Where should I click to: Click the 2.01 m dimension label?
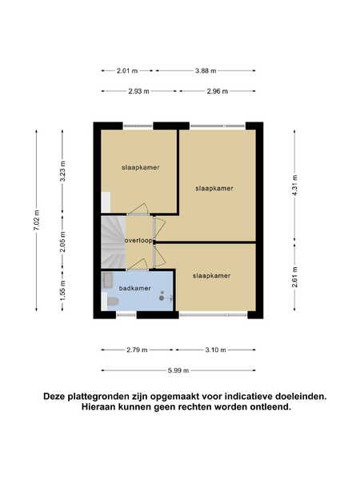(x=127, y=70)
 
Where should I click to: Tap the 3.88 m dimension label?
(x=206, y=70)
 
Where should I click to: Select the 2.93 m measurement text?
(x=138, y=91)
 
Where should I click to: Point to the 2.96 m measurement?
(x=218, y=91)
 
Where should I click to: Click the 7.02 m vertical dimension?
(x=37, y=221)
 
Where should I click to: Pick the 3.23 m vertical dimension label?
(x=62, y=171)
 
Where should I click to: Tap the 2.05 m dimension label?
(x=62, y=242)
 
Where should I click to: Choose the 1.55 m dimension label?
(x=62, y=290)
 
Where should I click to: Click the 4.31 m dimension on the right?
(x=294, y=186)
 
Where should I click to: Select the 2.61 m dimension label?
(x=294, y=277)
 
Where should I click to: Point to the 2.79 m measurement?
(x=137, y=350)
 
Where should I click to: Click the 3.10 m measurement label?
(x=215, y=350)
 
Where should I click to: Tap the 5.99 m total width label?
(x=178, y=370)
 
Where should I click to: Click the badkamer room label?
(x=134, y=288)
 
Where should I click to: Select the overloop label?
(x=138, y=241)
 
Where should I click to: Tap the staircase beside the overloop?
(x=114, y=242)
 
